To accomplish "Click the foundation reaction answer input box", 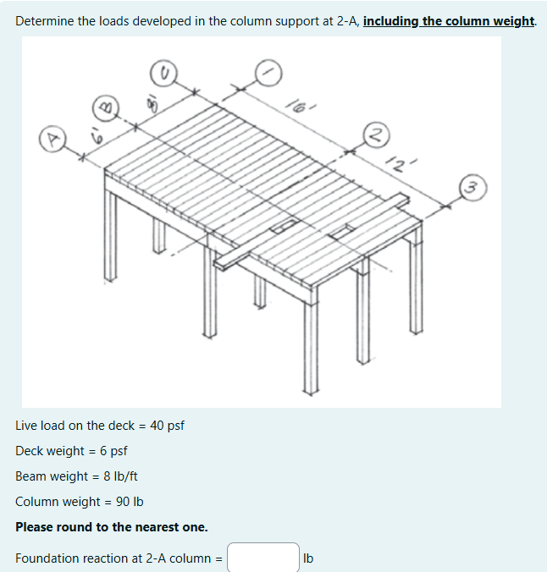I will click(x=262, y=558).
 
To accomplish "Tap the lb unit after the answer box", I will click(x=308, y=558).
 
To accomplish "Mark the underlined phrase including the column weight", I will click(x=449, y=20).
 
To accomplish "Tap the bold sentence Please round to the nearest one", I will click(x=112, y=526).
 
